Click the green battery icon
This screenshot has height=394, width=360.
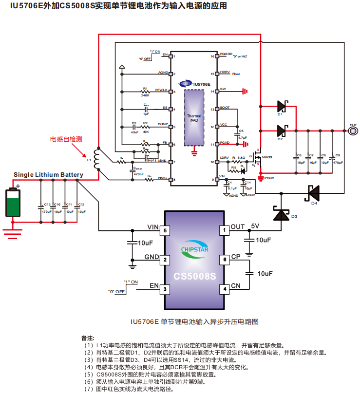[x=13, y=202]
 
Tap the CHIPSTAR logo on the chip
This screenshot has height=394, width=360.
[x=194, y=249]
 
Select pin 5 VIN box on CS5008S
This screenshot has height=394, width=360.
[x=166, y=230]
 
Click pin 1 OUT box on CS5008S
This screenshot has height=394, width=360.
[x=225, y=230]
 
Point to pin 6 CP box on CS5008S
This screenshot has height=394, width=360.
[x=225, y=260]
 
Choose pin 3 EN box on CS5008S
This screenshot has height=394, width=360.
[x=166, y=289]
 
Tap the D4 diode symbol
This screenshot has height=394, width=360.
[x=312, y=193]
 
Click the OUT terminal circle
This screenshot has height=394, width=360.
[x=353, y=131]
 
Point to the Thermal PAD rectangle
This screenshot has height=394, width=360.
[x=194, y=117]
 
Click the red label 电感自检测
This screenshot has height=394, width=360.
[x=66, y=139]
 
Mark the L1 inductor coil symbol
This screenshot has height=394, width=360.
[x=97, y=158]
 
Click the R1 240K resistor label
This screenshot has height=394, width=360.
[x=145, y=93]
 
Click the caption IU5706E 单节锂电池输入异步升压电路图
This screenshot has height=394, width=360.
[x=194, y=322]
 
